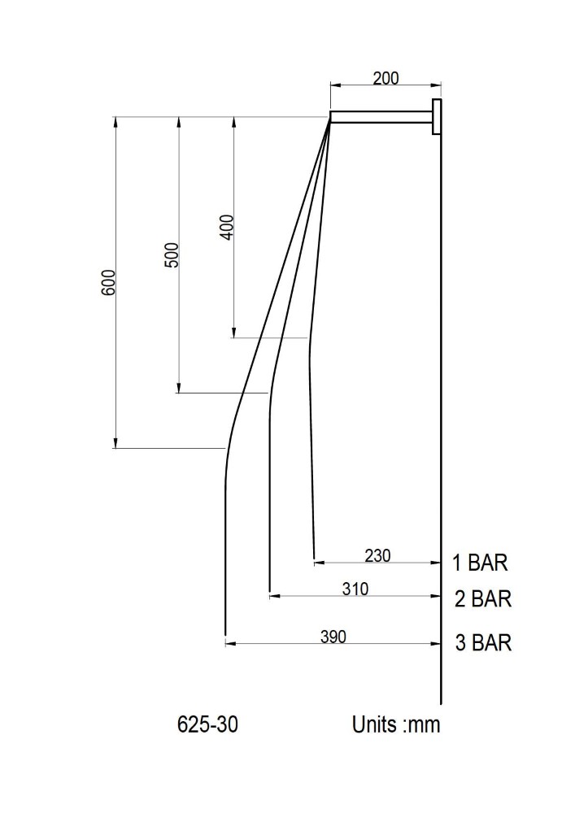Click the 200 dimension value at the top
tap(386, 78)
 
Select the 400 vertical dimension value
tap(227, 227)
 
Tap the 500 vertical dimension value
tap(171, 254)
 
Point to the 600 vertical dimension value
tap(108, 283)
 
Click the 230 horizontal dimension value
tap(377, 555)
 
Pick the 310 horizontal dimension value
tap(355, 589)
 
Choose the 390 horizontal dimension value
tap(333, 637)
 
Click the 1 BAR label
tap(480, 563)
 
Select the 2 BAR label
tap(483, 599)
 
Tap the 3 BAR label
tap(484, 642)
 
